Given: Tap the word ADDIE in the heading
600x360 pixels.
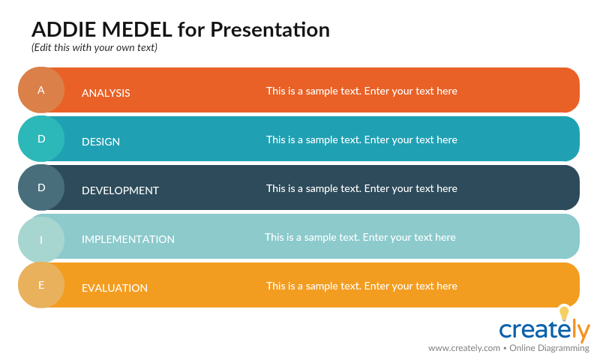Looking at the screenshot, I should pyautogui.click(x=64, y=30).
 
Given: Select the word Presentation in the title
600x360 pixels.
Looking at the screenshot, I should pyautogui.click(x=269, y=30).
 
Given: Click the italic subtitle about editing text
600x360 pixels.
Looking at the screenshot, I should pyautogui.click(x=94, y=47).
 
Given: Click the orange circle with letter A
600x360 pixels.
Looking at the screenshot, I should pyautogui.click(x=41, y=90).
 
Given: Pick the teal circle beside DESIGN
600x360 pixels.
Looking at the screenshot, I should pyautogui.click(x=41, y=139).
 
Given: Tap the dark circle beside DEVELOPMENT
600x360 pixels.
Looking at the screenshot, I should pyautogui.click(x=41, y=187).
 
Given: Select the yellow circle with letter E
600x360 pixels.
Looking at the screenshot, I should pyautogui.click(x=41, y=285).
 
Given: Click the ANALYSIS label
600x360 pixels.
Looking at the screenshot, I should pyautogui.click(x=106, y=93).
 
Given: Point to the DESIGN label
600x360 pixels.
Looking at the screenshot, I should pyautogui.click(x=100, y=142).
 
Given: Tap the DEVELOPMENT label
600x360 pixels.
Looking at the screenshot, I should pyautogui.click(x=120, y=190).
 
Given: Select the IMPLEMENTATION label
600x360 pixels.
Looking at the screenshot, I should pyautogui.click(x=127, y=239).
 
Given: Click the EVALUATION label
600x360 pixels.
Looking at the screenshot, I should pyautogui.click(x=114, y=288).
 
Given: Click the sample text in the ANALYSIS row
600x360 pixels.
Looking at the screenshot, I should pyautogui.click(x=361, y=91).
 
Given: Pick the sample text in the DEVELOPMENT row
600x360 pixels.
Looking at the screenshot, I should pyautogui.click(x=361, y=188).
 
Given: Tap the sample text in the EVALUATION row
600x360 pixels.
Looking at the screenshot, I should pyautogui.click(x=361, y=286).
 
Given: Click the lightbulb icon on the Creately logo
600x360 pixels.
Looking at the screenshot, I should pyautogui.click(x=564, y=313).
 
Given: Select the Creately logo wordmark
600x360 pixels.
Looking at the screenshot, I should pyautogui.click(x=544, y=331).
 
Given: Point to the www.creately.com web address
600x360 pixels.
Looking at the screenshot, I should pyautogui.click(x=463, y=348).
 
